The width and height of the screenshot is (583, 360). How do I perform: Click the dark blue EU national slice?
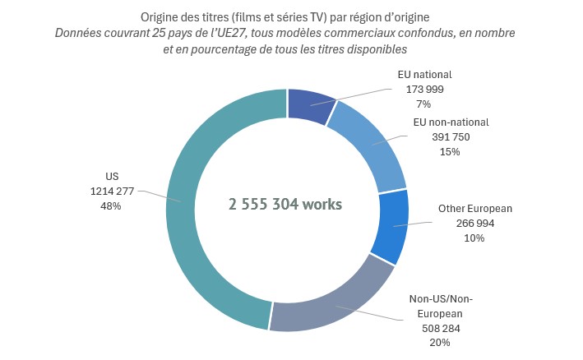point(308,106)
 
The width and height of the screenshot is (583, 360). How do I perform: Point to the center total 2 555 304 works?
point(286,204)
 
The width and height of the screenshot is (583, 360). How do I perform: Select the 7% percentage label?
point(424,104)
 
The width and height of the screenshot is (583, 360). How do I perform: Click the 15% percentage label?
point(450,152)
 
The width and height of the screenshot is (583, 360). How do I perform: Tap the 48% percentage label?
point(111,206)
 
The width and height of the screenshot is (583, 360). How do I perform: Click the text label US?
point(111,176)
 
